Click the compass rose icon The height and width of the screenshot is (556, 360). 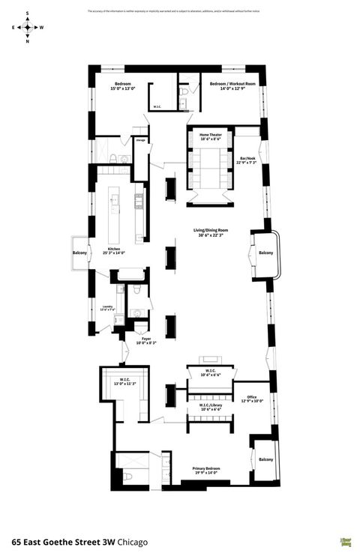[28, 27]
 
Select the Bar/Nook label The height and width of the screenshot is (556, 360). [247, 160]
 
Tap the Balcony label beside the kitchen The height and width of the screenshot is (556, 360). [79, 253]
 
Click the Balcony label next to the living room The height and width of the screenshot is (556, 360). [266, 253]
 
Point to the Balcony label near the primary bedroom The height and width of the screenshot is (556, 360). [266, 459]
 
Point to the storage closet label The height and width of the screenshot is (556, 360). [140, 139]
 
